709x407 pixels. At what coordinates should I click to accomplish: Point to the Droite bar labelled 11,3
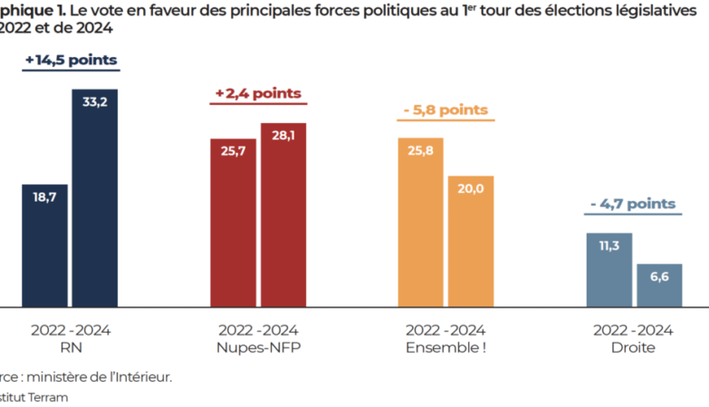[x=608, y=270]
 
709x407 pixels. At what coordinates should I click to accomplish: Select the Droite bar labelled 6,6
[x=658, y=285]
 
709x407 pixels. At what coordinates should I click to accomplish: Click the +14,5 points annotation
[x=71, y=60]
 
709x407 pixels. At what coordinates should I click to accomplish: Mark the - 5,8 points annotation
[x=446, y=109]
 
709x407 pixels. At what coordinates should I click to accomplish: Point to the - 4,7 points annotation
[x=633, y=204]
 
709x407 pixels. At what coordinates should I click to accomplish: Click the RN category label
[x=70, y=348]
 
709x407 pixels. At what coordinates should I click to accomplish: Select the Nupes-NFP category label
[x=258, y=348]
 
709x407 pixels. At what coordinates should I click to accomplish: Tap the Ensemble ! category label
[x=446, y=348]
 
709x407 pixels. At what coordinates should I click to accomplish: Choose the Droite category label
[x=633, y=348]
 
